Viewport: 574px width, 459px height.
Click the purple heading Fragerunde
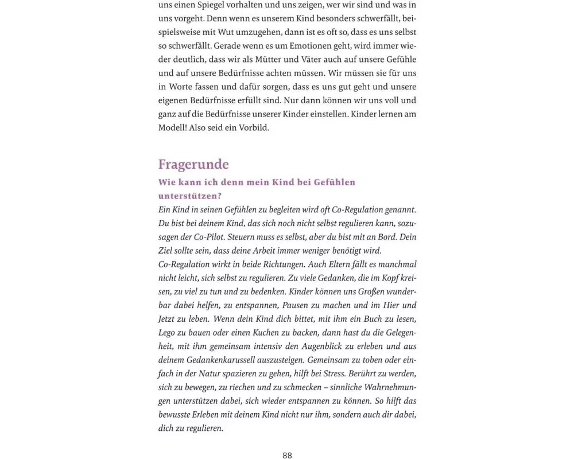pyautogui.click(x=193, y=165)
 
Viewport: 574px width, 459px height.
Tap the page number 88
pyautogui.click(x=287, y=455)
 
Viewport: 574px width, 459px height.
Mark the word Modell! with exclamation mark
pyautogui.click(x=173, y=128)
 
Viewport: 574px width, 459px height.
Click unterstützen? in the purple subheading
pyautogui.click(x=189, y=196)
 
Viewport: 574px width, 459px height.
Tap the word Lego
pyautogui.click(x=168, y=333)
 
